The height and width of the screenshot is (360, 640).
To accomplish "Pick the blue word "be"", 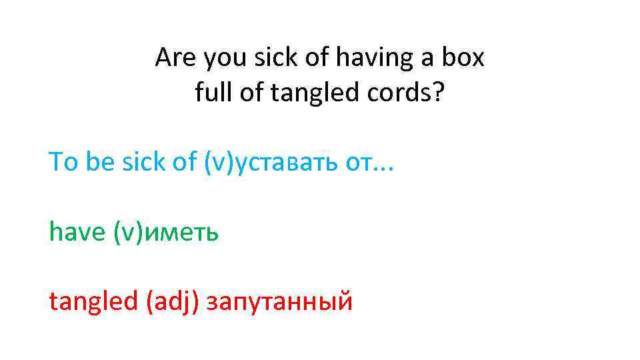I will [100, 161].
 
